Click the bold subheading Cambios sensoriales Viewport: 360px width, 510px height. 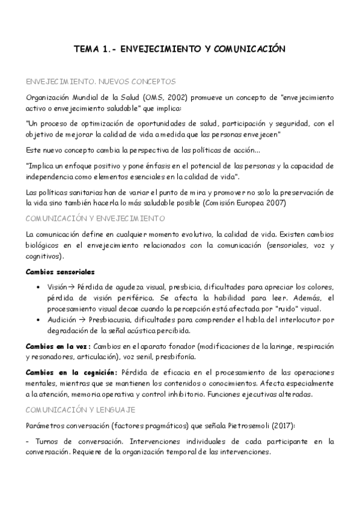[60, 271]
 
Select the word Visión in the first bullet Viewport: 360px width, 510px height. [58, 287]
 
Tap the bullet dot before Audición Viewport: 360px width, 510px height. [39, 320]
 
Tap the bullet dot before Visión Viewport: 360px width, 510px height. [39, 287]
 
